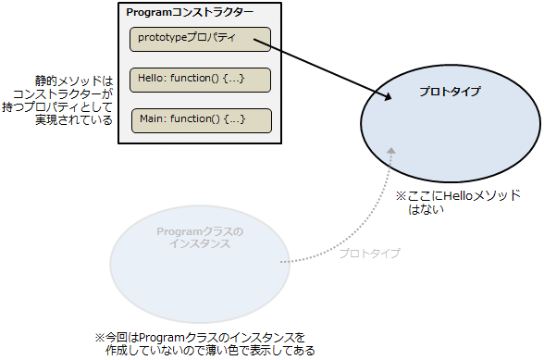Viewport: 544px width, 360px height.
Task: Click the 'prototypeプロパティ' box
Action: [x=200, y=39]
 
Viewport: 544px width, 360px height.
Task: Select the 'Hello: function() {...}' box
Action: [x=200, y=80]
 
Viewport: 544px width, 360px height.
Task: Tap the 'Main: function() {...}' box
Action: [x=202, y=120]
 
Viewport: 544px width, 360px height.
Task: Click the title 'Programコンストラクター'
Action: [x=190, y=13]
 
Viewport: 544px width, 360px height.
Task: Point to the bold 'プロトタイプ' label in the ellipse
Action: [x=450, y=92]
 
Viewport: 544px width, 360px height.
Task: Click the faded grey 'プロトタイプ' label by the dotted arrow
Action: [x=370, y=253]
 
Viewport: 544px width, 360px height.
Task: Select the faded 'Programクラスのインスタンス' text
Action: [x=200, y=238]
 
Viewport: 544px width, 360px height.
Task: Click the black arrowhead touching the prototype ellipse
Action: [x=387, y=96]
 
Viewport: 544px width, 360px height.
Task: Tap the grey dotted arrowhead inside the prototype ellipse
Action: [x=391, y=151]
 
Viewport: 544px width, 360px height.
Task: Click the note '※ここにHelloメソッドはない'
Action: [x=458, y=203]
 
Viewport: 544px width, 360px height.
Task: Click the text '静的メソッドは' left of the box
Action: [x=74, y=81]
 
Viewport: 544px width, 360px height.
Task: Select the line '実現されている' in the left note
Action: [x=74, y=119]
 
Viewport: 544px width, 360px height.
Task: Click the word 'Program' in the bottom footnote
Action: [x=163, y=338]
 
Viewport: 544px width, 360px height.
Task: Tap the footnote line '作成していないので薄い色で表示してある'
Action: [x=210, y=350]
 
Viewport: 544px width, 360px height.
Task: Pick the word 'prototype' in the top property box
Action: [x=163, y=37]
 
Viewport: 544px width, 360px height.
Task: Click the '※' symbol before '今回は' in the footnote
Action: [x=100, y=338]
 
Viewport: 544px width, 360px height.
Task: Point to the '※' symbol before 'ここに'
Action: [x=402, y=196]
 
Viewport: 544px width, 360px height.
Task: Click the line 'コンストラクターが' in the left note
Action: [x=63, y=94]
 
